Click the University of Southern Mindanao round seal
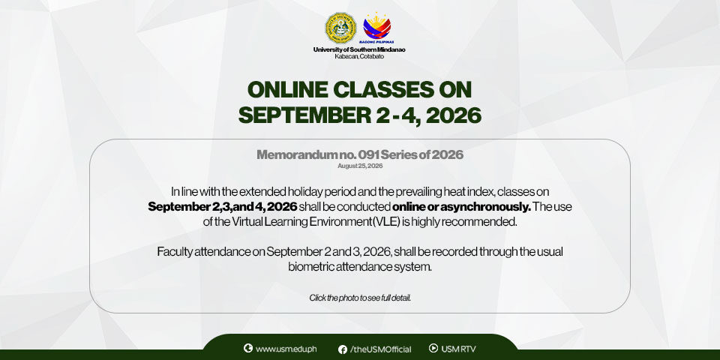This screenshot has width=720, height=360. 340,28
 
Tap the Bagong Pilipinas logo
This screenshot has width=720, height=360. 377,28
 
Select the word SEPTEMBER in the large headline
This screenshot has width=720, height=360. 304,115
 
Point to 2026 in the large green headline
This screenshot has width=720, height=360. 454,115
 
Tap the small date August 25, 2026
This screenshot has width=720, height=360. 360,166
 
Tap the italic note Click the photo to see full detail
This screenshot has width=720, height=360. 360,298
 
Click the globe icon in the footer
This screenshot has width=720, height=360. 248,348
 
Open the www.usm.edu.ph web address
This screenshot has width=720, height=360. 286,349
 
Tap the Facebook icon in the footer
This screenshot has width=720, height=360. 343,349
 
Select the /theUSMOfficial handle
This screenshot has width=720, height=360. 381,349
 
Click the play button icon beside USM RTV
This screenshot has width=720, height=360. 433,348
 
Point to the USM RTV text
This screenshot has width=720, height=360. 458,349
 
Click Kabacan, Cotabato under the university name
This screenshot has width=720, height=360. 359,56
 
